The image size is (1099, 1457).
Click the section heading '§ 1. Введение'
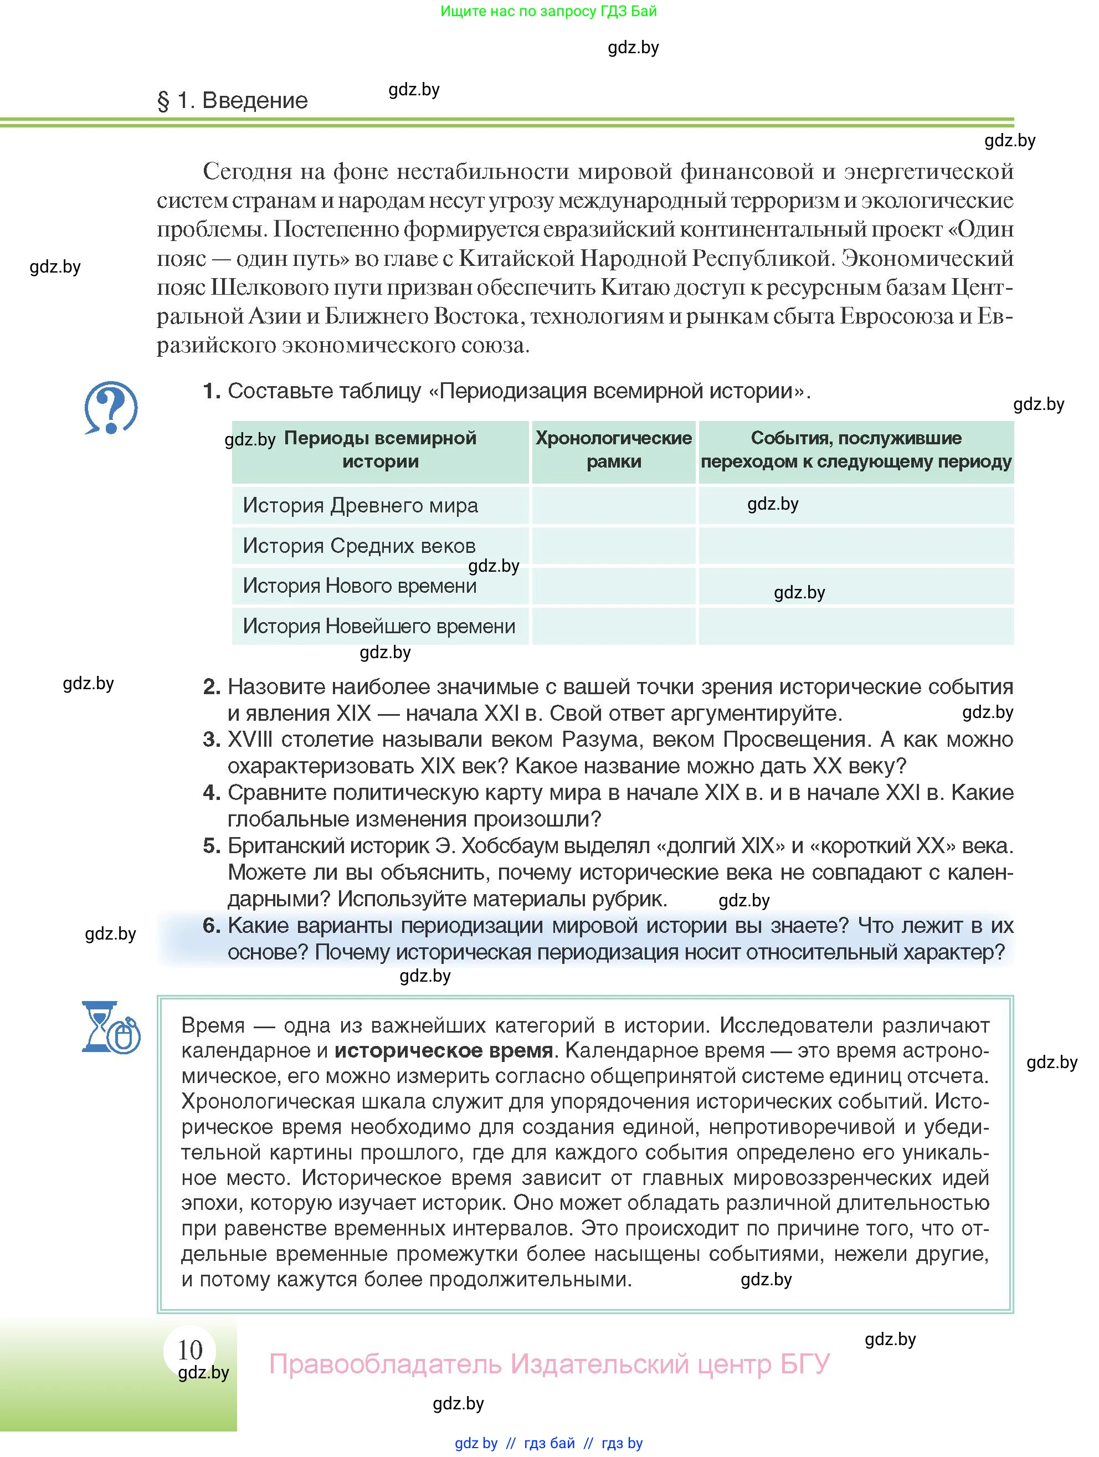tap(233, 101)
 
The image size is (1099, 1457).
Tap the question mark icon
tap(111, 407)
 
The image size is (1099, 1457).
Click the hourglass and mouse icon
tap(111, 1028)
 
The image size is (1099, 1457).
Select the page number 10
tap(191, 1350)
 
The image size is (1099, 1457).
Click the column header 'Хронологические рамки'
tap(613, 450)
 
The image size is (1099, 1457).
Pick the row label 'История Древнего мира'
tap(360, 506)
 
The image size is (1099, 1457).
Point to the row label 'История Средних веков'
tap(359, 546)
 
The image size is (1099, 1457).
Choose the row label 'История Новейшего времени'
tap(379, 626)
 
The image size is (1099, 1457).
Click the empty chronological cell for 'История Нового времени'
tap(613, 586)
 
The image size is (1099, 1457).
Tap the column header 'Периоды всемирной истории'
tap(380, 450)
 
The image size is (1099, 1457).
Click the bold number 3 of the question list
tap(210, 740)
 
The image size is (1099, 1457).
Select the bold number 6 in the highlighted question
tap(210, 926)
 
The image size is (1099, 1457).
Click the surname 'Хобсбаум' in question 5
tap(509, 846)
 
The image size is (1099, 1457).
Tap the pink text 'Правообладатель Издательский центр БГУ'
tap(549, 1363)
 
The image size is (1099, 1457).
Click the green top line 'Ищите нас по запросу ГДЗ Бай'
tap(548, 11)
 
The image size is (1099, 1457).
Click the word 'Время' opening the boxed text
tap(213, 1025)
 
